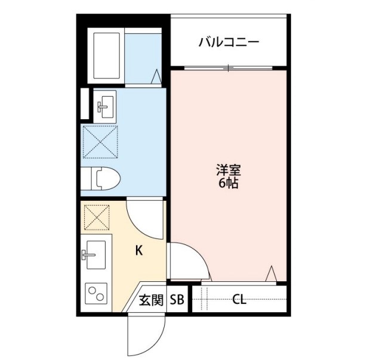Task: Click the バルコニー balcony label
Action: pos(228,42)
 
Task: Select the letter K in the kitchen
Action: pos(138,251)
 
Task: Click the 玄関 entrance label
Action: pos(151,300)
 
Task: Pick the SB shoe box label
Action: pos(177,300)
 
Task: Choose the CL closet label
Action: pos(239,300)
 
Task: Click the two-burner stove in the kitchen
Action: pos(95,294)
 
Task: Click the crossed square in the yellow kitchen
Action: pos(97,217)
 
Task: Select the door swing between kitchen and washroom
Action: pos(145,217)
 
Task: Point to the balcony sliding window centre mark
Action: pos(227,68)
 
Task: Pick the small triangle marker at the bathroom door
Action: pos(156,76)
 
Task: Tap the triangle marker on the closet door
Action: pos(270,274)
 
